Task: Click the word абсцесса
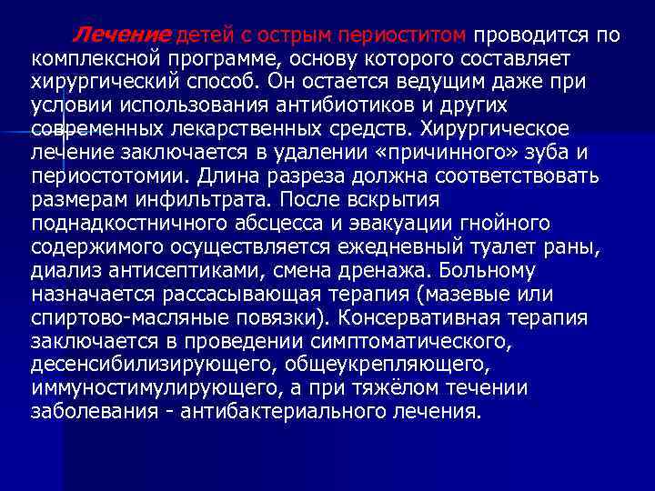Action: point(258,223)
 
